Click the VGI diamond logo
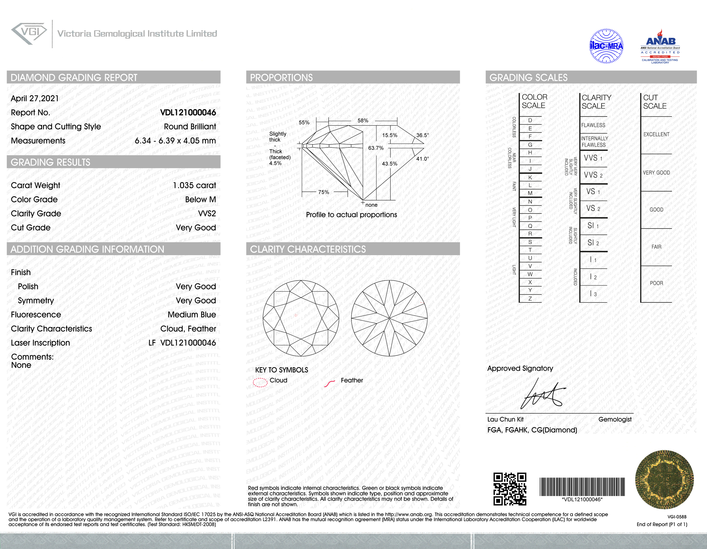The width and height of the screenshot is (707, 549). click(29, 33)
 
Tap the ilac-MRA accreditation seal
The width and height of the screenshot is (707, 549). click(606, 46)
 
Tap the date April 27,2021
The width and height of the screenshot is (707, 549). click(35, 98)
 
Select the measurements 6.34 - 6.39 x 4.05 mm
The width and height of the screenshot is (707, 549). click(175, 141)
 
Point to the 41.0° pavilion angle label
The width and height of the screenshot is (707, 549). click(423, 159)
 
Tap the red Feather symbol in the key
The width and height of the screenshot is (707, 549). click(330, 383)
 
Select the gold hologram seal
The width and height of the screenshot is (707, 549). click(664, 479)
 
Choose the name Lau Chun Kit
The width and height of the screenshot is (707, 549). click(505, 419)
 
